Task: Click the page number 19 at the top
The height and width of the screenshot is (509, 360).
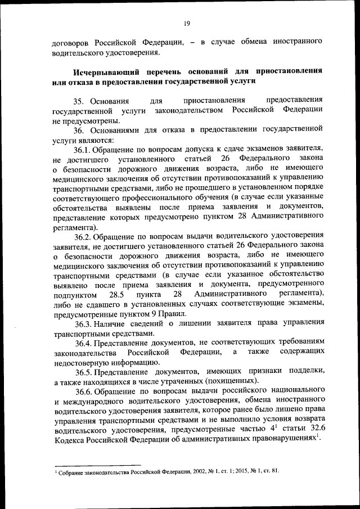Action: point(187,23)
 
